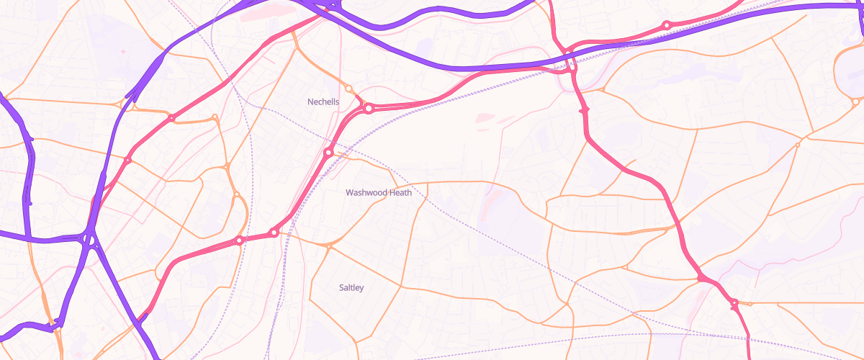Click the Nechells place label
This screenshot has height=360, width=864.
[x=323, y=102]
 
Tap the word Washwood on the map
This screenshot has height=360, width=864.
[x=366, y=193]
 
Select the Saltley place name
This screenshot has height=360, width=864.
[x=351, y=288]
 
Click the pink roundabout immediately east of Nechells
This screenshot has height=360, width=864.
[x=369, y=109]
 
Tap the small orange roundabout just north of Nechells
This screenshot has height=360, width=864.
[x=349, y=89]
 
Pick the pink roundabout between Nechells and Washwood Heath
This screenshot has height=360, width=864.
[x=328, y=153]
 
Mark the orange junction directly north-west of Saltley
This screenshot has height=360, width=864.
[x=329, y=247]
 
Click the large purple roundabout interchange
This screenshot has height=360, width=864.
[x=89, y=238]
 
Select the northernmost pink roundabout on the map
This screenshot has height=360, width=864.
[x=667, y=25]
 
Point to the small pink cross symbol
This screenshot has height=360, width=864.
[x=123, y=52]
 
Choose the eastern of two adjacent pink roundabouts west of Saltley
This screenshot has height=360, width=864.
[x=274, y=233]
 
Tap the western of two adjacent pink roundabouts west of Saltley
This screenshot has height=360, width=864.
[x=239, y=240]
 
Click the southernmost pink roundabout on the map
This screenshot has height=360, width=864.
[x=734, y=303]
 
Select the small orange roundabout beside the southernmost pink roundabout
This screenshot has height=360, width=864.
[x=750, y=304]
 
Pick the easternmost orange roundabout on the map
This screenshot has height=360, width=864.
[x=797, y=145]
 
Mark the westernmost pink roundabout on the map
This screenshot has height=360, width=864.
[x=127, y=161]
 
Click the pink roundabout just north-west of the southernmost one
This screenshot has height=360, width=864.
[x=700, y=278]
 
